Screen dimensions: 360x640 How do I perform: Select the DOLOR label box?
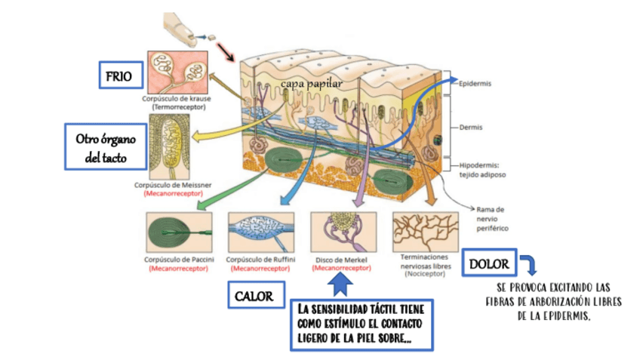point(488,264)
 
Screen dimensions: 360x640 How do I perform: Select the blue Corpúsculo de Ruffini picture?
point(260,232)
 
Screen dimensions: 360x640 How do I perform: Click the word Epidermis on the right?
point(475,84)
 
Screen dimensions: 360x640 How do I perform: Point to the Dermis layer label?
point(471,128)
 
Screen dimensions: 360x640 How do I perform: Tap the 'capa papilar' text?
point(310,84)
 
